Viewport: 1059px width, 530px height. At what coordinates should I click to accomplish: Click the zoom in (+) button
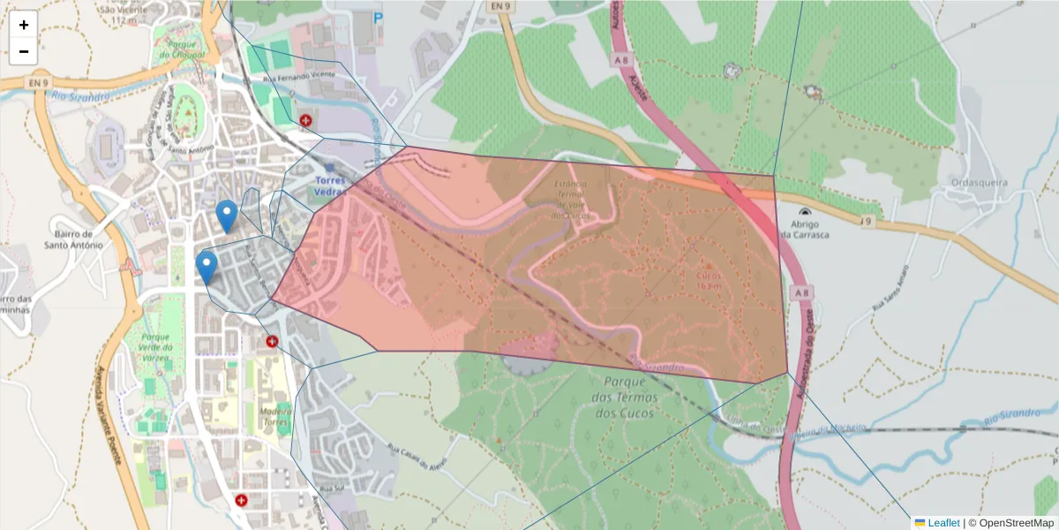tap(24, 25)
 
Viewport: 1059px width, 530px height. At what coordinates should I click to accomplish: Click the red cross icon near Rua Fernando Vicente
tap(306, 119)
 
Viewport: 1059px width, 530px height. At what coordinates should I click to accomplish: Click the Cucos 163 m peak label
tap(709, 280)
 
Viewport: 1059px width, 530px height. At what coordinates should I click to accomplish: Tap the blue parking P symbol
tap(379, 17)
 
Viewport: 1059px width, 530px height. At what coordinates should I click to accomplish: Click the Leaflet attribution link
tap(943, 523)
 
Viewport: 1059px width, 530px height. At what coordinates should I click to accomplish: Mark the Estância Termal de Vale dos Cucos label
tap(571, 199)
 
